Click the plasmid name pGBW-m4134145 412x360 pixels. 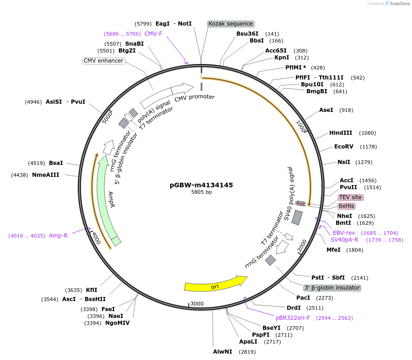[x=201, y=185]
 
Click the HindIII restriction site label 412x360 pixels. [x=341, y=133]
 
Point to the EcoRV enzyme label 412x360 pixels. [x=343, y=147]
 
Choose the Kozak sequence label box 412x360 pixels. [x=230, y=24]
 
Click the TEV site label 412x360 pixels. [x=351, y=197]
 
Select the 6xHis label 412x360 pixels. [x=347, y=206]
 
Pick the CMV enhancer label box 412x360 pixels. [x=103, y=61]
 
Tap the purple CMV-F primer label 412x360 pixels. [x=153, y=34]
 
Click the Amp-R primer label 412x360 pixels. [x=58, y=236]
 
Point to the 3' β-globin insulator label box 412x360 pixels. [x=332, y=288]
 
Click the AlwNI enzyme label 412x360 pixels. [x=223, y=352]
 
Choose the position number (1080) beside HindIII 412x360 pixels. [x=368, y=133]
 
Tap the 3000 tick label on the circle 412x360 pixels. [x=197, y=303]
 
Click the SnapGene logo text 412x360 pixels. [x=399, y=4]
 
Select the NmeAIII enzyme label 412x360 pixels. [x=45, y=175]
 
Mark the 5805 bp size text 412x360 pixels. [x=201, y=192]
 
